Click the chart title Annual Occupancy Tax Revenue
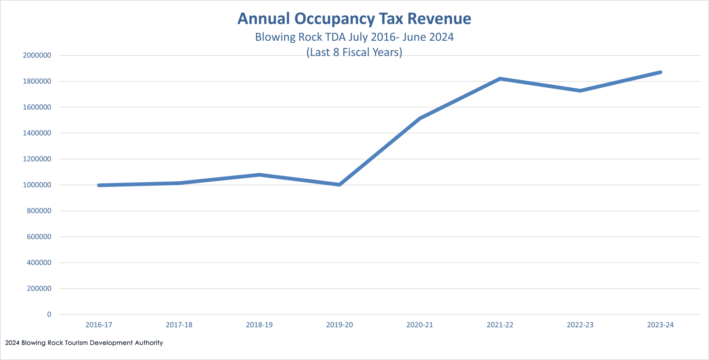(354, 19)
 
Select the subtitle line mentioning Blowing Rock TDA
(354, 37)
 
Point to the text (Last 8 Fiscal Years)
(354, 52)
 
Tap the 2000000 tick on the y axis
(37, 55)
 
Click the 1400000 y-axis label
(37, 133)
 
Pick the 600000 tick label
(39, 237)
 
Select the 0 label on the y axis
(49, 314)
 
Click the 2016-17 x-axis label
(99, 325)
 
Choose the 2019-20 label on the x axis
(340, 325)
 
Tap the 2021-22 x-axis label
(500, 325)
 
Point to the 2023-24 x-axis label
(660, 325)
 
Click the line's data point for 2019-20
(340, 185)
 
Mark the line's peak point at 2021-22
(500, 79)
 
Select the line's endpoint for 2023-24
(660, 72)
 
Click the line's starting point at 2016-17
(99, 185)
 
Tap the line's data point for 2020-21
(420, 118)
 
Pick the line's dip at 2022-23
(580, 91)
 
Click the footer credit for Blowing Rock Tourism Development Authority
(84, 343)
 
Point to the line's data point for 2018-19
(259, 175)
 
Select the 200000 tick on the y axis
(39, 288)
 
